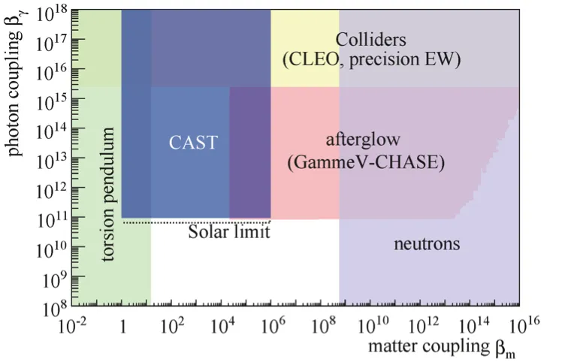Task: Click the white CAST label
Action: tap(193, 143)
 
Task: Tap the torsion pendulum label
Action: tap(108, 195)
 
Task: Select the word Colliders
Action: tap(370, 39)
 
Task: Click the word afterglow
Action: tap(363, 140)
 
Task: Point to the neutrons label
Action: tap(427, 244)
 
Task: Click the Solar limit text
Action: tap(229, 232)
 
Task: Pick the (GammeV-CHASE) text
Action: tap(366, 162)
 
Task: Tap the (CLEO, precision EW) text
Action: tap(371, 59)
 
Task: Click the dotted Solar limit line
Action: tap(197, 222)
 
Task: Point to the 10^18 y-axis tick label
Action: tap(52, 14)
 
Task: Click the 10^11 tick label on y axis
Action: tap(52, 220)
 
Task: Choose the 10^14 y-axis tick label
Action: tap(52, 131)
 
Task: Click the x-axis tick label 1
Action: tap(122, 327)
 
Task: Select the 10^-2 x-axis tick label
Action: tap(72, 326)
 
